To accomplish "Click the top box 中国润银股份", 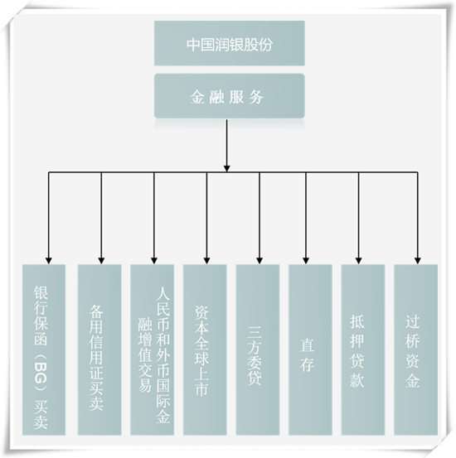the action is tap(230, 43).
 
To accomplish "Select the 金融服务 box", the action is tap(230, 96).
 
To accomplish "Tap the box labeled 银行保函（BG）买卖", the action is tap(44, 350).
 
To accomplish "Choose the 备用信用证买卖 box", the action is tap(99, 350).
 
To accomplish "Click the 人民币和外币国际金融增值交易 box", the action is tap(152, 350).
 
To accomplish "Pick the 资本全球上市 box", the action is tap(205, 350).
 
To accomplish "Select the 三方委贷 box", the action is tap(258, 350).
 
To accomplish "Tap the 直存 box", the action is tap(310, 350).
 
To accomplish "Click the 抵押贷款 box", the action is tap(363, 350).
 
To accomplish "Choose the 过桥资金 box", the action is tap(416, 350).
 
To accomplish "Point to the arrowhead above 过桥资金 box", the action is tap(418, 261).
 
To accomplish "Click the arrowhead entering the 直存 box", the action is tap(306, 261).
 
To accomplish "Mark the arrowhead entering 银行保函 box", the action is tap(49, 261).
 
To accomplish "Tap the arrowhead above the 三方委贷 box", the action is tap(260, 261).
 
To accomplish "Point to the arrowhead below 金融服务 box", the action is tap(226, 168).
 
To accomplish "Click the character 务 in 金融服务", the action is tap(256, 97).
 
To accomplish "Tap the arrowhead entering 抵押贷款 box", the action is tap(359, 261).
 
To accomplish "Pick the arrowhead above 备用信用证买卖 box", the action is tap(101, 261).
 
